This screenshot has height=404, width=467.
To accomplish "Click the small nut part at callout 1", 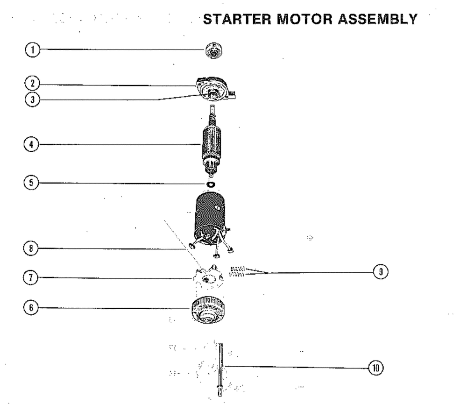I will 214,50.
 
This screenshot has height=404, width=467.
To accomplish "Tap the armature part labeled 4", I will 212,145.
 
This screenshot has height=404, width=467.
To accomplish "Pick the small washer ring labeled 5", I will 210,184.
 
